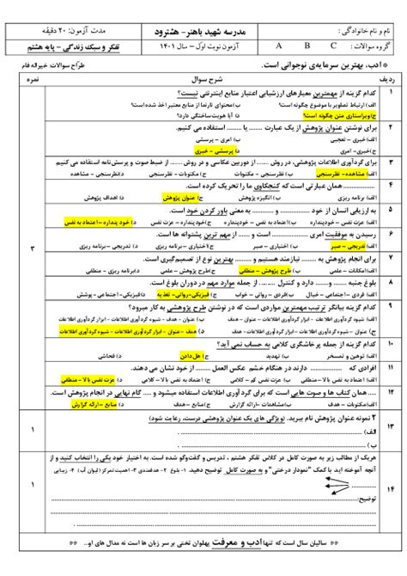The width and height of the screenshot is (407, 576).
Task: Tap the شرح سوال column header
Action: pos(205,82)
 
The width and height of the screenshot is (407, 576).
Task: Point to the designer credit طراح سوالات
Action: pos(44,65)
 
